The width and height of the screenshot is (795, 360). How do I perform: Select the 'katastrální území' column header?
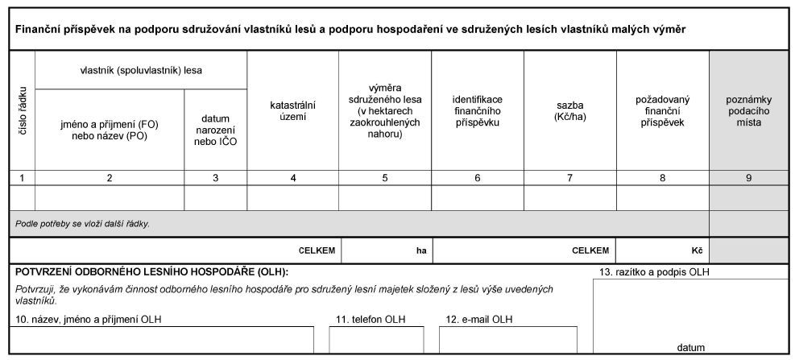coord(292,110)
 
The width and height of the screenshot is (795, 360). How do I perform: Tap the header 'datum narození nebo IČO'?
coord(215,130)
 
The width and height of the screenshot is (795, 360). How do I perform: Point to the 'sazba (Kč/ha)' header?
coord(569,110)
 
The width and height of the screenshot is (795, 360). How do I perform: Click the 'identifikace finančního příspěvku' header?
coord(477,110)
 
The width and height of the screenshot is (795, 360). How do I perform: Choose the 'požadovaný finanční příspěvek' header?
coord(662,110)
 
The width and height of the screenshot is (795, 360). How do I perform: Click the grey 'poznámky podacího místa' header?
coord(748,110)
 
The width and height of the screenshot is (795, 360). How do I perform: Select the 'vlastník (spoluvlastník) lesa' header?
coord(141,70)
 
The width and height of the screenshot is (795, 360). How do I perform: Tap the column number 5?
coord(384,178)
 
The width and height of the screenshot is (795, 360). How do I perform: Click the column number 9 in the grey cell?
coord(748,178)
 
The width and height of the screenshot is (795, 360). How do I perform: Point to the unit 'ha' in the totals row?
coord(420,250)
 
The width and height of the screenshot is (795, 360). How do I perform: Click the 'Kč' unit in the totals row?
coord(698,250)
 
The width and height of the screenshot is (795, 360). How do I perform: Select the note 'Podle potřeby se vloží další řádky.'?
coord(83,224)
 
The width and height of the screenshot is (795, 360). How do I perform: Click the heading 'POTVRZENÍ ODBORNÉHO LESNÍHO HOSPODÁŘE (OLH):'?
coord(151,272)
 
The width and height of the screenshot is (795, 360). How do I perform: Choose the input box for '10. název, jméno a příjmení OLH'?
coord(161,340)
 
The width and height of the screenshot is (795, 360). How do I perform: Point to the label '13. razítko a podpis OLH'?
coord(654,272)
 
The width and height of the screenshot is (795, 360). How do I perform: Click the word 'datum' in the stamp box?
coord(691,348)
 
